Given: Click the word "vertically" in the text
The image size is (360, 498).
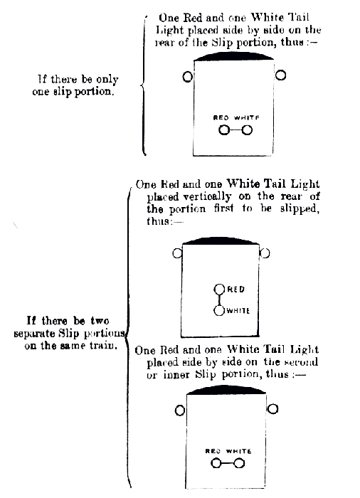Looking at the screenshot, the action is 207,197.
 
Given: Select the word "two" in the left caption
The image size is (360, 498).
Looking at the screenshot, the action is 100,320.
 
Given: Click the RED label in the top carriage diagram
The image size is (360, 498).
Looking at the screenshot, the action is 221,118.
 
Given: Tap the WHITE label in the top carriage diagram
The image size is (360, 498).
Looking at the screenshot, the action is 247,118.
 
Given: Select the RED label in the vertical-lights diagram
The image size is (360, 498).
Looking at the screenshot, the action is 235,290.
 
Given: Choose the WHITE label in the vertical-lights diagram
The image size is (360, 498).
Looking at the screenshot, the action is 238,311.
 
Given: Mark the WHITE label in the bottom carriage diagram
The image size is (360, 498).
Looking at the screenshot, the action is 238,451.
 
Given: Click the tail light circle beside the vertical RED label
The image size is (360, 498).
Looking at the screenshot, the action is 219,290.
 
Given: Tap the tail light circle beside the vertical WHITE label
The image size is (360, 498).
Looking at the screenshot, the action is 219,311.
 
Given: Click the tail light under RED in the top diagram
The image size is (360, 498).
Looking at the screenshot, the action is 224,130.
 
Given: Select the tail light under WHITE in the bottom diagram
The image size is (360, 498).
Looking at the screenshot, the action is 239,464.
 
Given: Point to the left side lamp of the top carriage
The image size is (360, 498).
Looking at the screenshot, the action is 188,77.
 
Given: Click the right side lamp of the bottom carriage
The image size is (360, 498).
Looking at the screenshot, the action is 272,409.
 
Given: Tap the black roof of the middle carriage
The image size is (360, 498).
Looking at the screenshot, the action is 221,240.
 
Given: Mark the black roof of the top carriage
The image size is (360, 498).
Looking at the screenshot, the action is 233,56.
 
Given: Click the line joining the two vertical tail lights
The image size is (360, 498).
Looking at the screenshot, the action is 219,300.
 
